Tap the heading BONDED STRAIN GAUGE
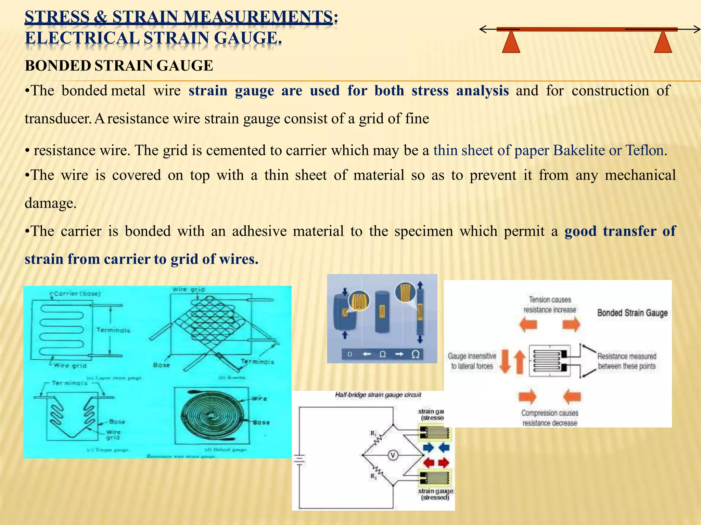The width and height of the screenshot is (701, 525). pos(119,66)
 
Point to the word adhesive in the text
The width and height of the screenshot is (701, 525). pos(259,231)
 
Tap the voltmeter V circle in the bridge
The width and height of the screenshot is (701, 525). pos(393,455)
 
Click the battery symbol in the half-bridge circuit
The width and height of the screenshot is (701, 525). pos(299,460)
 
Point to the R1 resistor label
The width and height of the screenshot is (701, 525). pos(373,433)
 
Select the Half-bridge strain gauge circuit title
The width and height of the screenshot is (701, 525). pos(378,395)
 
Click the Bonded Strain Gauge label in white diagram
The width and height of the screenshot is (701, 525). pos(632,313)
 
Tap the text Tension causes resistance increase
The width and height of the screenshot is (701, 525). pos(550,305)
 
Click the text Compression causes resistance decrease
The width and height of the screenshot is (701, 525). pos(550,418)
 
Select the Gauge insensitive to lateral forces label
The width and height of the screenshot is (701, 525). pos(472,361)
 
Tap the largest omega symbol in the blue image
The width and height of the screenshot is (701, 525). pos(415,354)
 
